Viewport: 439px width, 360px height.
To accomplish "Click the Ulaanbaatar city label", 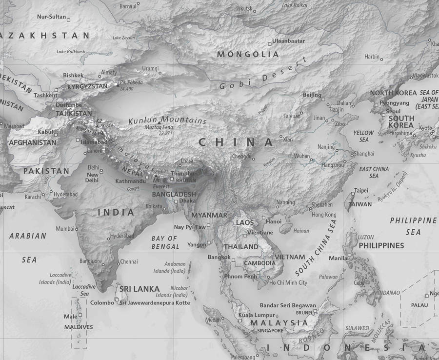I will [x=288, y=41].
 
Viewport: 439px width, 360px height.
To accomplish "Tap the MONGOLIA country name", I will [x=248, y=54].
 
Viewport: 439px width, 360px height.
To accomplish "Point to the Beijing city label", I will [x=312, y=95].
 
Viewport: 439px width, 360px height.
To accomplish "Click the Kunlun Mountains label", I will [x=167, y=120].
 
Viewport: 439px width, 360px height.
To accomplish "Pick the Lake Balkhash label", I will [x=71, y=52].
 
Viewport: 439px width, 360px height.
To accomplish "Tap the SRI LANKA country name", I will [x=140, y=289].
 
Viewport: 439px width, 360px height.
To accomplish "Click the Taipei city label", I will [x=361, y=190].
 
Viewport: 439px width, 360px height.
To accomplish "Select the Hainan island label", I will [x=302, y=231].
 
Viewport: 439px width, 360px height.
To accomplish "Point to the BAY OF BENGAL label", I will [x=164, y=242].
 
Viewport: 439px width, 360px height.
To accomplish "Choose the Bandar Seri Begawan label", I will [x=287, y=305].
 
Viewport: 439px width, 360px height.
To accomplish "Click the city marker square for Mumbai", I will [x=77, y=228].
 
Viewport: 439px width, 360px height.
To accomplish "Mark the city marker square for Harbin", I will [x=381, y=60].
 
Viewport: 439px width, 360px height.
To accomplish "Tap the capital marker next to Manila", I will [x=349, y=255].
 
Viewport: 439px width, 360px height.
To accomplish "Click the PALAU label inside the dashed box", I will [x=419, y=305].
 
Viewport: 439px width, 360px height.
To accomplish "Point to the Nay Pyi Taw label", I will [x=190, y=227].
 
